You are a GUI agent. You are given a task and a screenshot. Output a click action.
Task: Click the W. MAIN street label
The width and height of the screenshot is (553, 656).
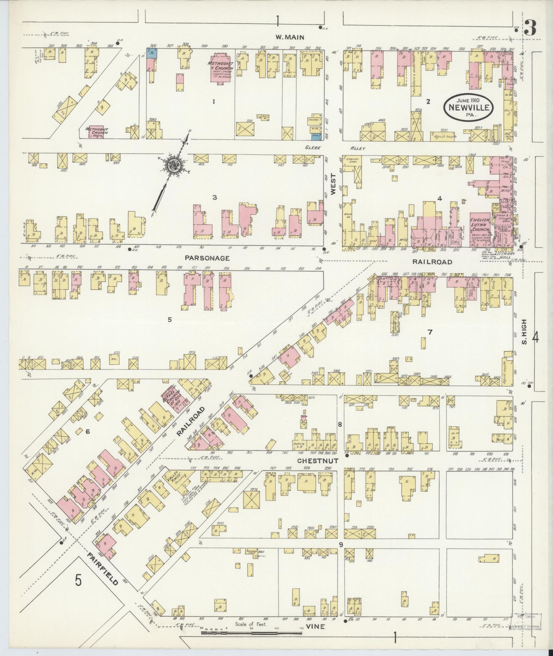(290, 38)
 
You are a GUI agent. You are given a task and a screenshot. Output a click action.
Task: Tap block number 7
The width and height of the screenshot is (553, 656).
(430, 332)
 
